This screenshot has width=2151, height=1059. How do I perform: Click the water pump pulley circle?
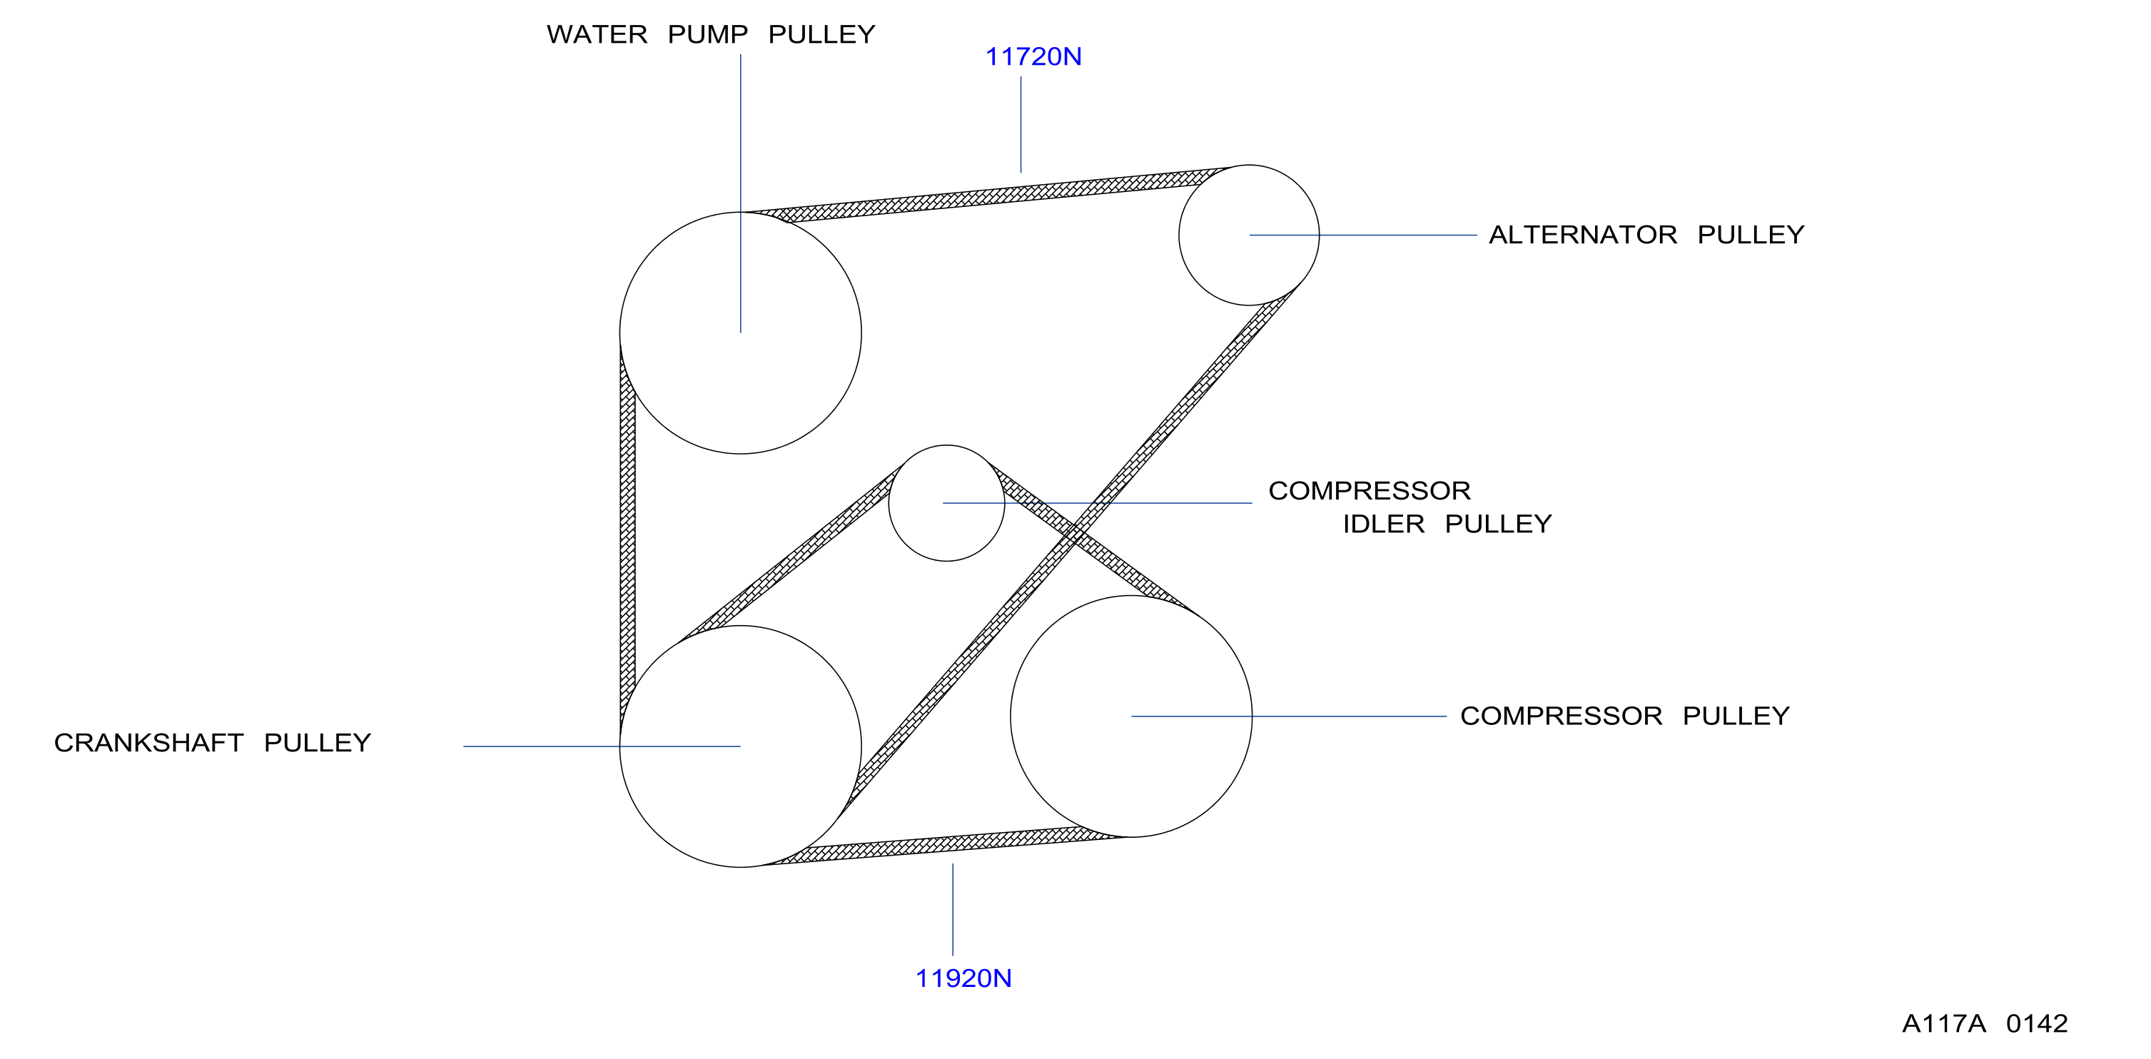coord(861,334)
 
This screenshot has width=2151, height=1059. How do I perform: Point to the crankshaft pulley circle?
coord(861,746)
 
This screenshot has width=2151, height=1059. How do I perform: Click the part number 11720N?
coord(1033,57)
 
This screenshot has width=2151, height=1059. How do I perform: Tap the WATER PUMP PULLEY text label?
coord(711,35)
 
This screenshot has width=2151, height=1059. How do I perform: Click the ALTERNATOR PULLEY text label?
coord(1646,235)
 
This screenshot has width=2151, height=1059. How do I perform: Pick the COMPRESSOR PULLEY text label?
coord(1625,716)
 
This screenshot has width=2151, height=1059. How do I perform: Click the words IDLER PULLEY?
coord(1447,525)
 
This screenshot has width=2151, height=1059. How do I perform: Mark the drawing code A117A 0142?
coord(1985,1024)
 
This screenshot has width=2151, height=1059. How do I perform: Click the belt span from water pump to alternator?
coord(993,196)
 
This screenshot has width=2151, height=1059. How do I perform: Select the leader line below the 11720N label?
coord(1021,124)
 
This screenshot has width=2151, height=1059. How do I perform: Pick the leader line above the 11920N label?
coord(953,910)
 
